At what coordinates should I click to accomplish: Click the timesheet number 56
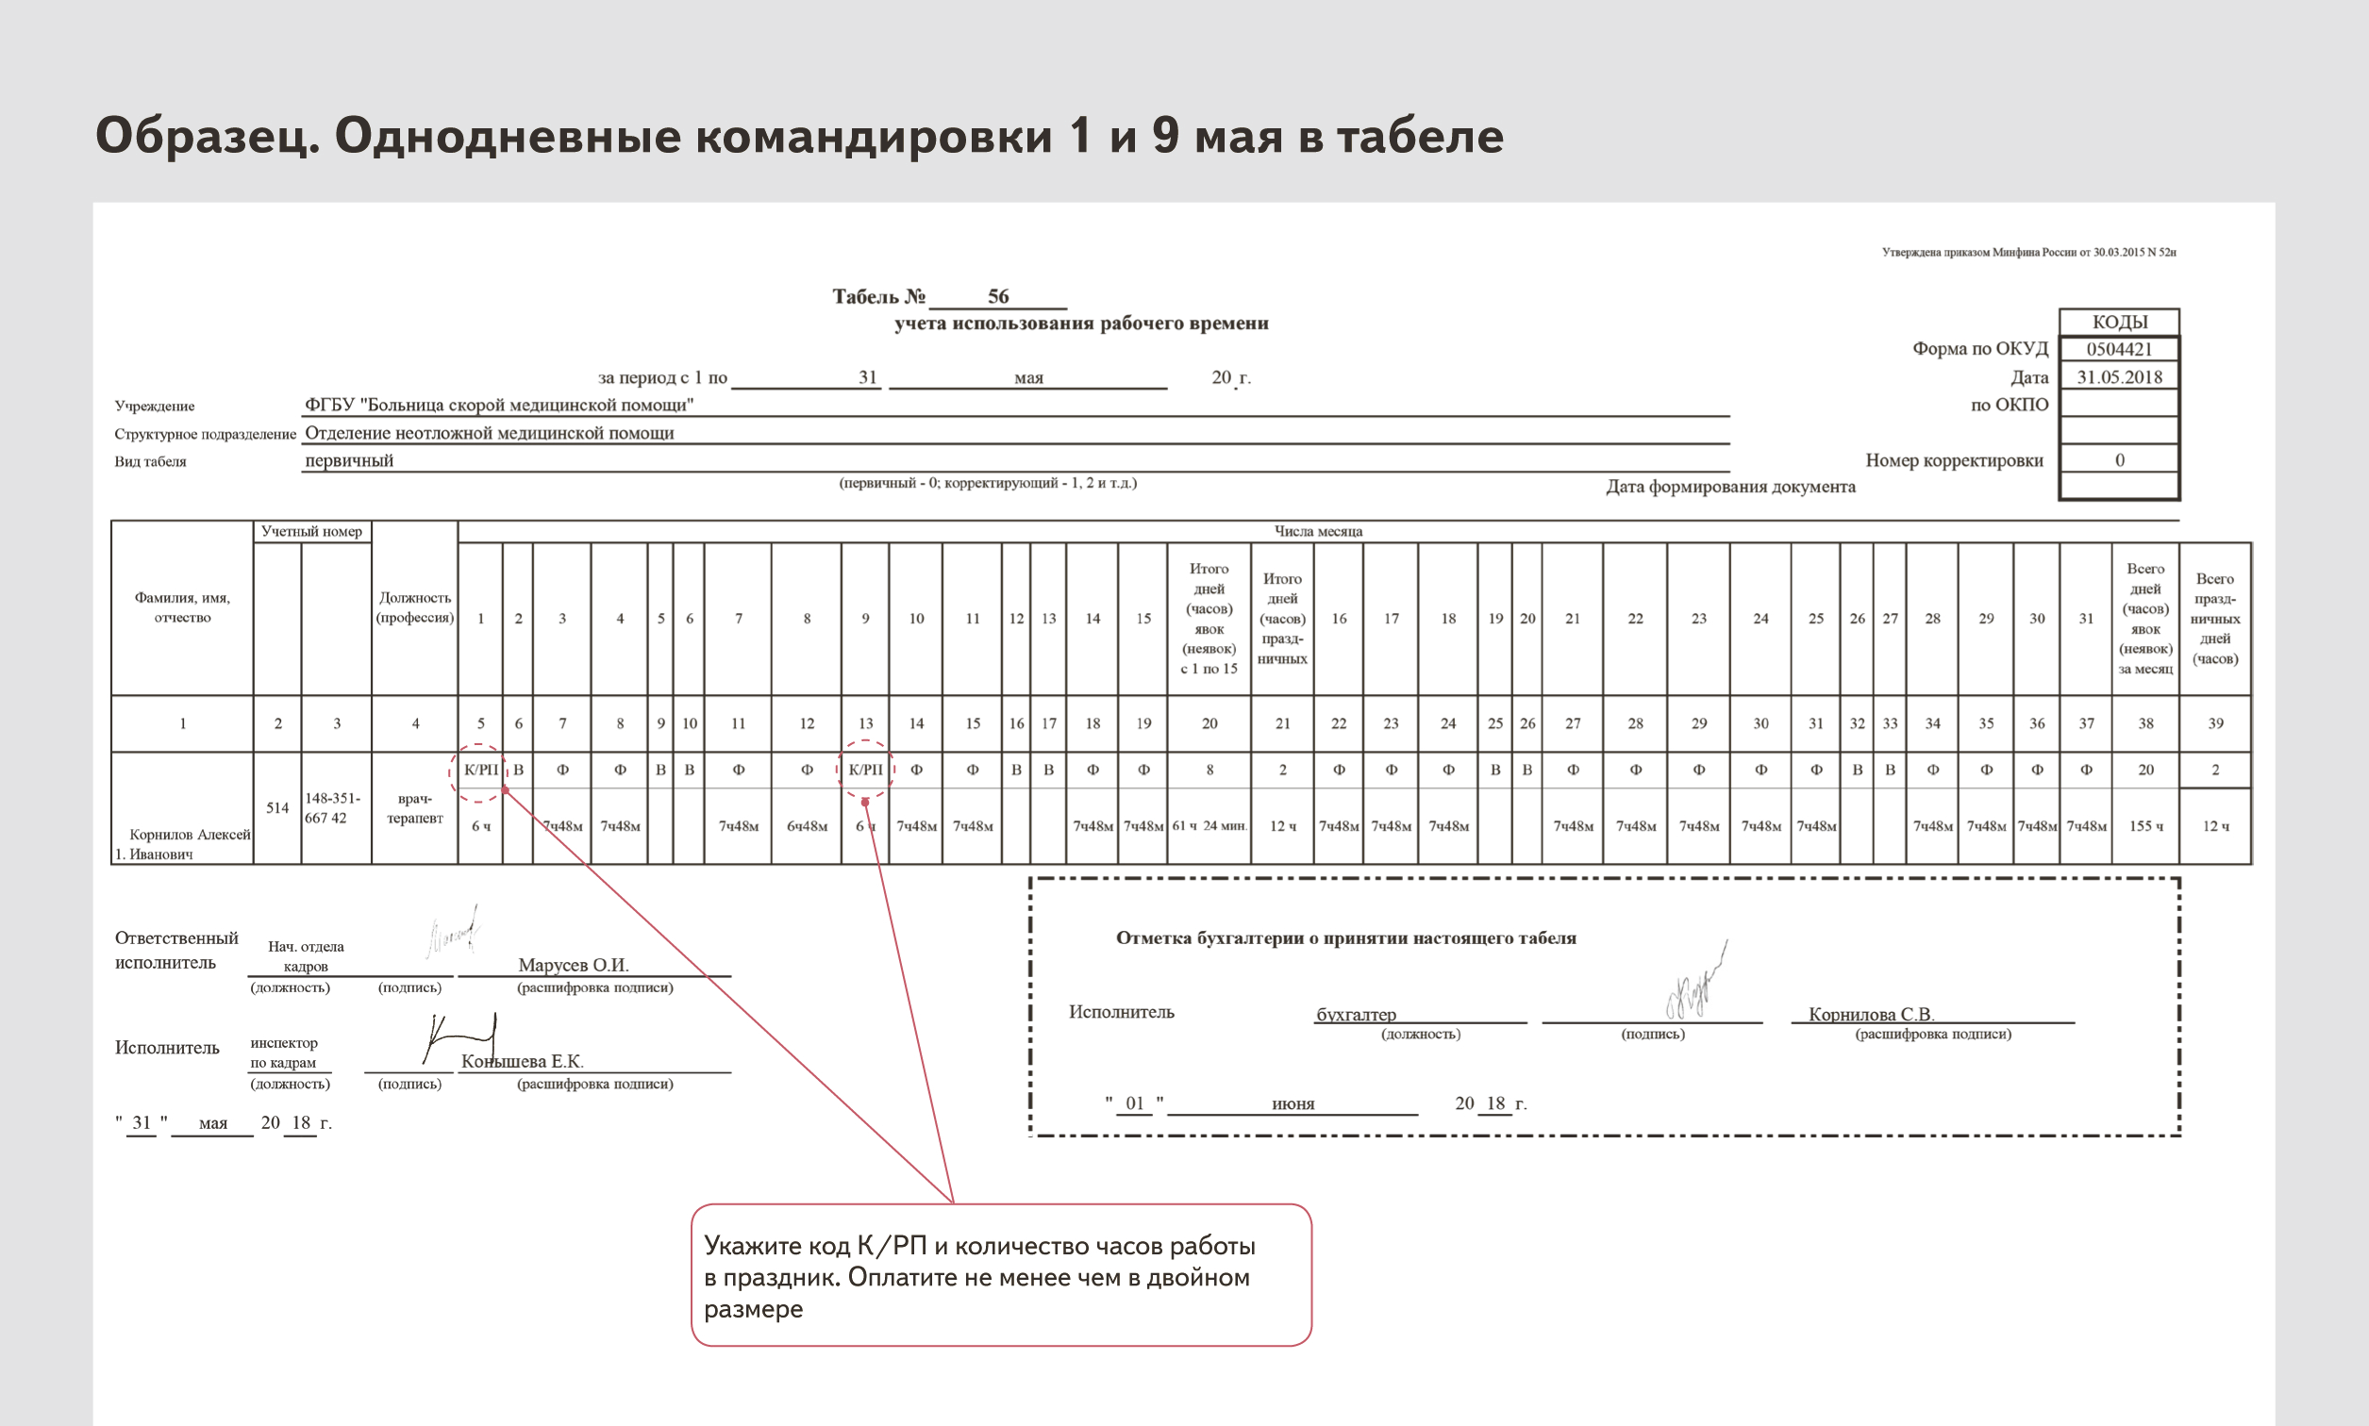(x=997, y=296)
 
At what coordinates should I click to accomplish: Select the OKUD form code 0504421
(x=2118, y=349)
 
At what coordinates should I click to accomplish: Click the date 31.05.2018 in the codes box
(x=2119, y=376)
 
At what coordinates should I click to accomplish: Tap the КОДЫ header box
(x=2119, y=322)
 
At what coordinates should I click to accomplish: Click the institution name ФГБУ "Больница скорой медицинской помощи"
(x=499, y=405)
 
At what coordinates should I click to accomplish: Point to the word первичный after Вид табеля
(x=349, y=460)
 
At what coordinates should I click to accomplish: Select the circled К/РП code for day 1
(x=480, y=770)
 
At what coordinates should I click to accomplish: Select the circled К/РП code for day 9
(x=865, y=770)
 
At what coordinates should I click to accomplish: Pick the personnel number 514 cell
(x=276, y=808)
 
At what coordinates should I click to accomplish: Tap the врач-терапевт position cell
(x=414, y=808)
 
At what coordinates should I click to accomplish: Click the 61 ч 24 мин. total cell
(x=1209, y=825)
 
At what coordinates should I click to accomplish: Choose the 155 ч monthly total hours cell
(x=2145, y=825)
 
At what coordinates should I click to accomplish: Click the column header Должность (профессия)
(x=414, y=607)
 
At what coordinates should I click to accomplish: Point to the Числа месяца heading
(x=1318, y=531)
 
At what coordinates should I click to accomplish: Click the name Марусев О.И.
(x=573, y=965)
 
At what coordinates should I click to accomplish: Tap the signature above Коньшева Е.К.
(x=459, y=1036)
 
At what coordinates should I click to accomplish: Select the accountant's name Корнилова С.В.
(x=1870, y=1014)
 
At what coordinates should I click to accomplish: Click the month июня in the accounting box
(x=1293, y=1104)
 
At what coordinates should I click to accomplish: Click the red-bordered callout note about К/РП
(x=1000, y=1275)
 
